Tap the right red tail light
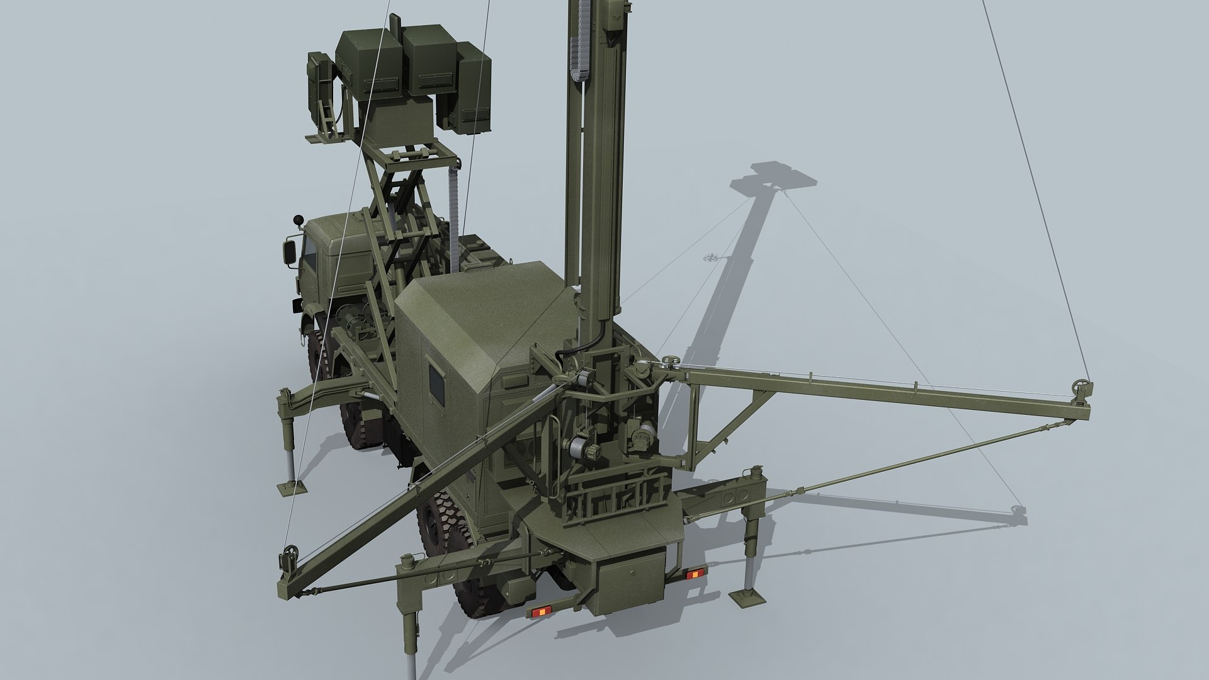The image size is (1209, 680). [x=694, y=572]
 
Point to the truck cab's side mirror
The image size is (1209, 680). [x=290, y=251]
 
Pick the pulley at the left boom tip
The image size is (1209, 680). [x=290, y=555]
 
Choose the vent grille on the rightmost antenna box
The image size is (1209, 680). [x=475, y=115]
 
